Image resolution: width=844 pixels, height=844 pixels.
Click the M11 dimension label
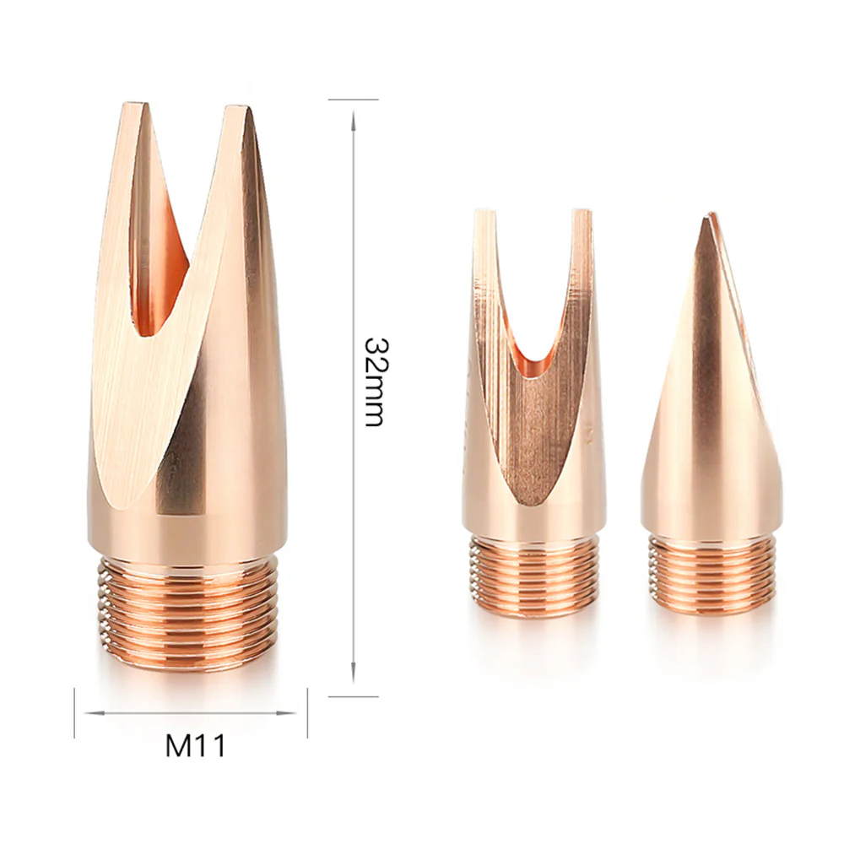tap(196, 744)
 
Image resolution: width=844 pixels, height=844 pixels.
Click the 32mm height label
tap(373, 381)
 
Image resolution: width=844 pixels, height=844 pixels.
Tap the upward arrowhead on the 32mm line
tap(353, 120)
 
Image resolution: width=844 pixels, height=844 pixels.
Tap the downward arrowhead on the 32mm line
tap(353, 674)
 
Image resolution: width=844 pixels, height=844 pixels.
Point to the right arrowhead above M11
tap(287, 714)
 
